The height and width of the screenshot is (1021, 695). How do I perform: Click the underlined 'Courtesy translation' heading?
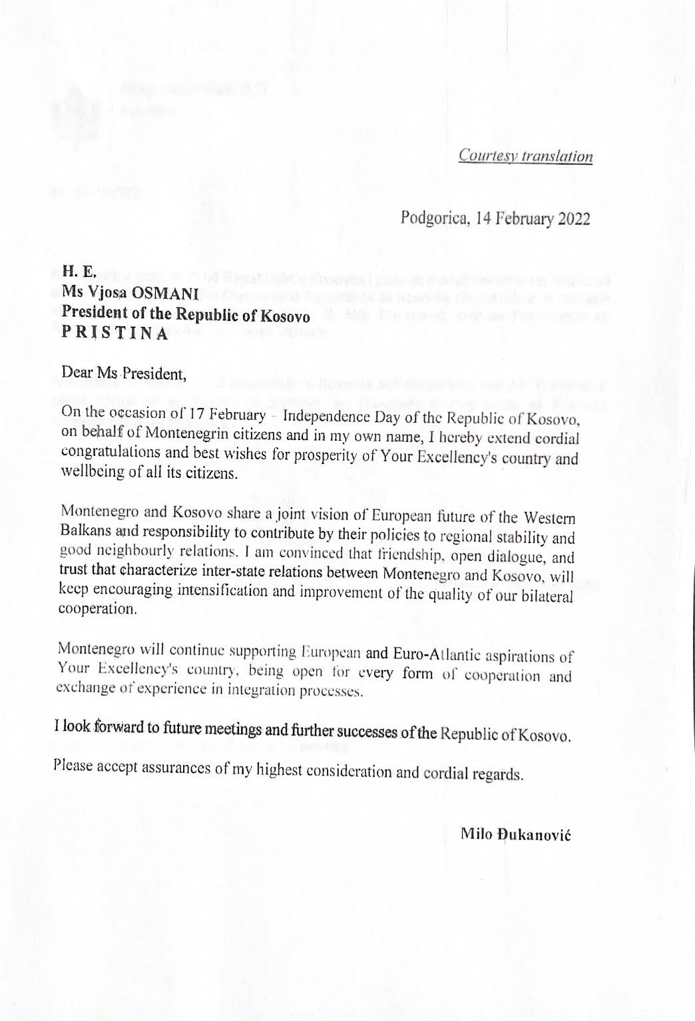(525, 156)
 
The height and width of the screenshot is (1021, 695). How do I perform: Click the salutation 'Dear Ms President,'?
(123, 373)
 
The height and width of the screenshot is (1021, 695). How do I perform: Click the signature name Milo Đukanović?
(515, 835)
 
